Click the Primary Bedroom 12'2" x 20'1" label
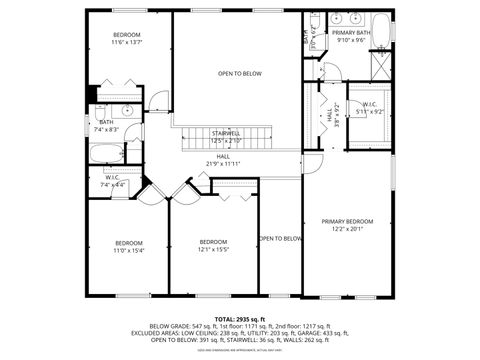click(346, 225)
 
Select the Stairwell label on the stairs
click(226, 136)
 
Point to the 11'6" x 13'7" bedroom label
click(126, 39)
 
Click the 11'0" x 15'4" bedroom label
click(128, 247)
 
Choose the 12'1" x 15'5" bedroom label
click(213, 246)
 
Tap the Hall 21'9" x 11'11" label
click(223, 160)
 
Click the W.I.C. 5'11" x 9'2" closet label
click(370, 108)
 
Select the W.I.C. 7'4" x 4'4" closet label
click(112, 182)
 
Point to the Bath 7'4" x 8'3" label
click(107, 126)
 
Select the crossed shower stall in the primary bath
click(381, 68)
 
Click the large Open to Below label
click(240, 73)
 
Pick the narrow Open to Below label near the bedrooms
click(280, 238)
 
